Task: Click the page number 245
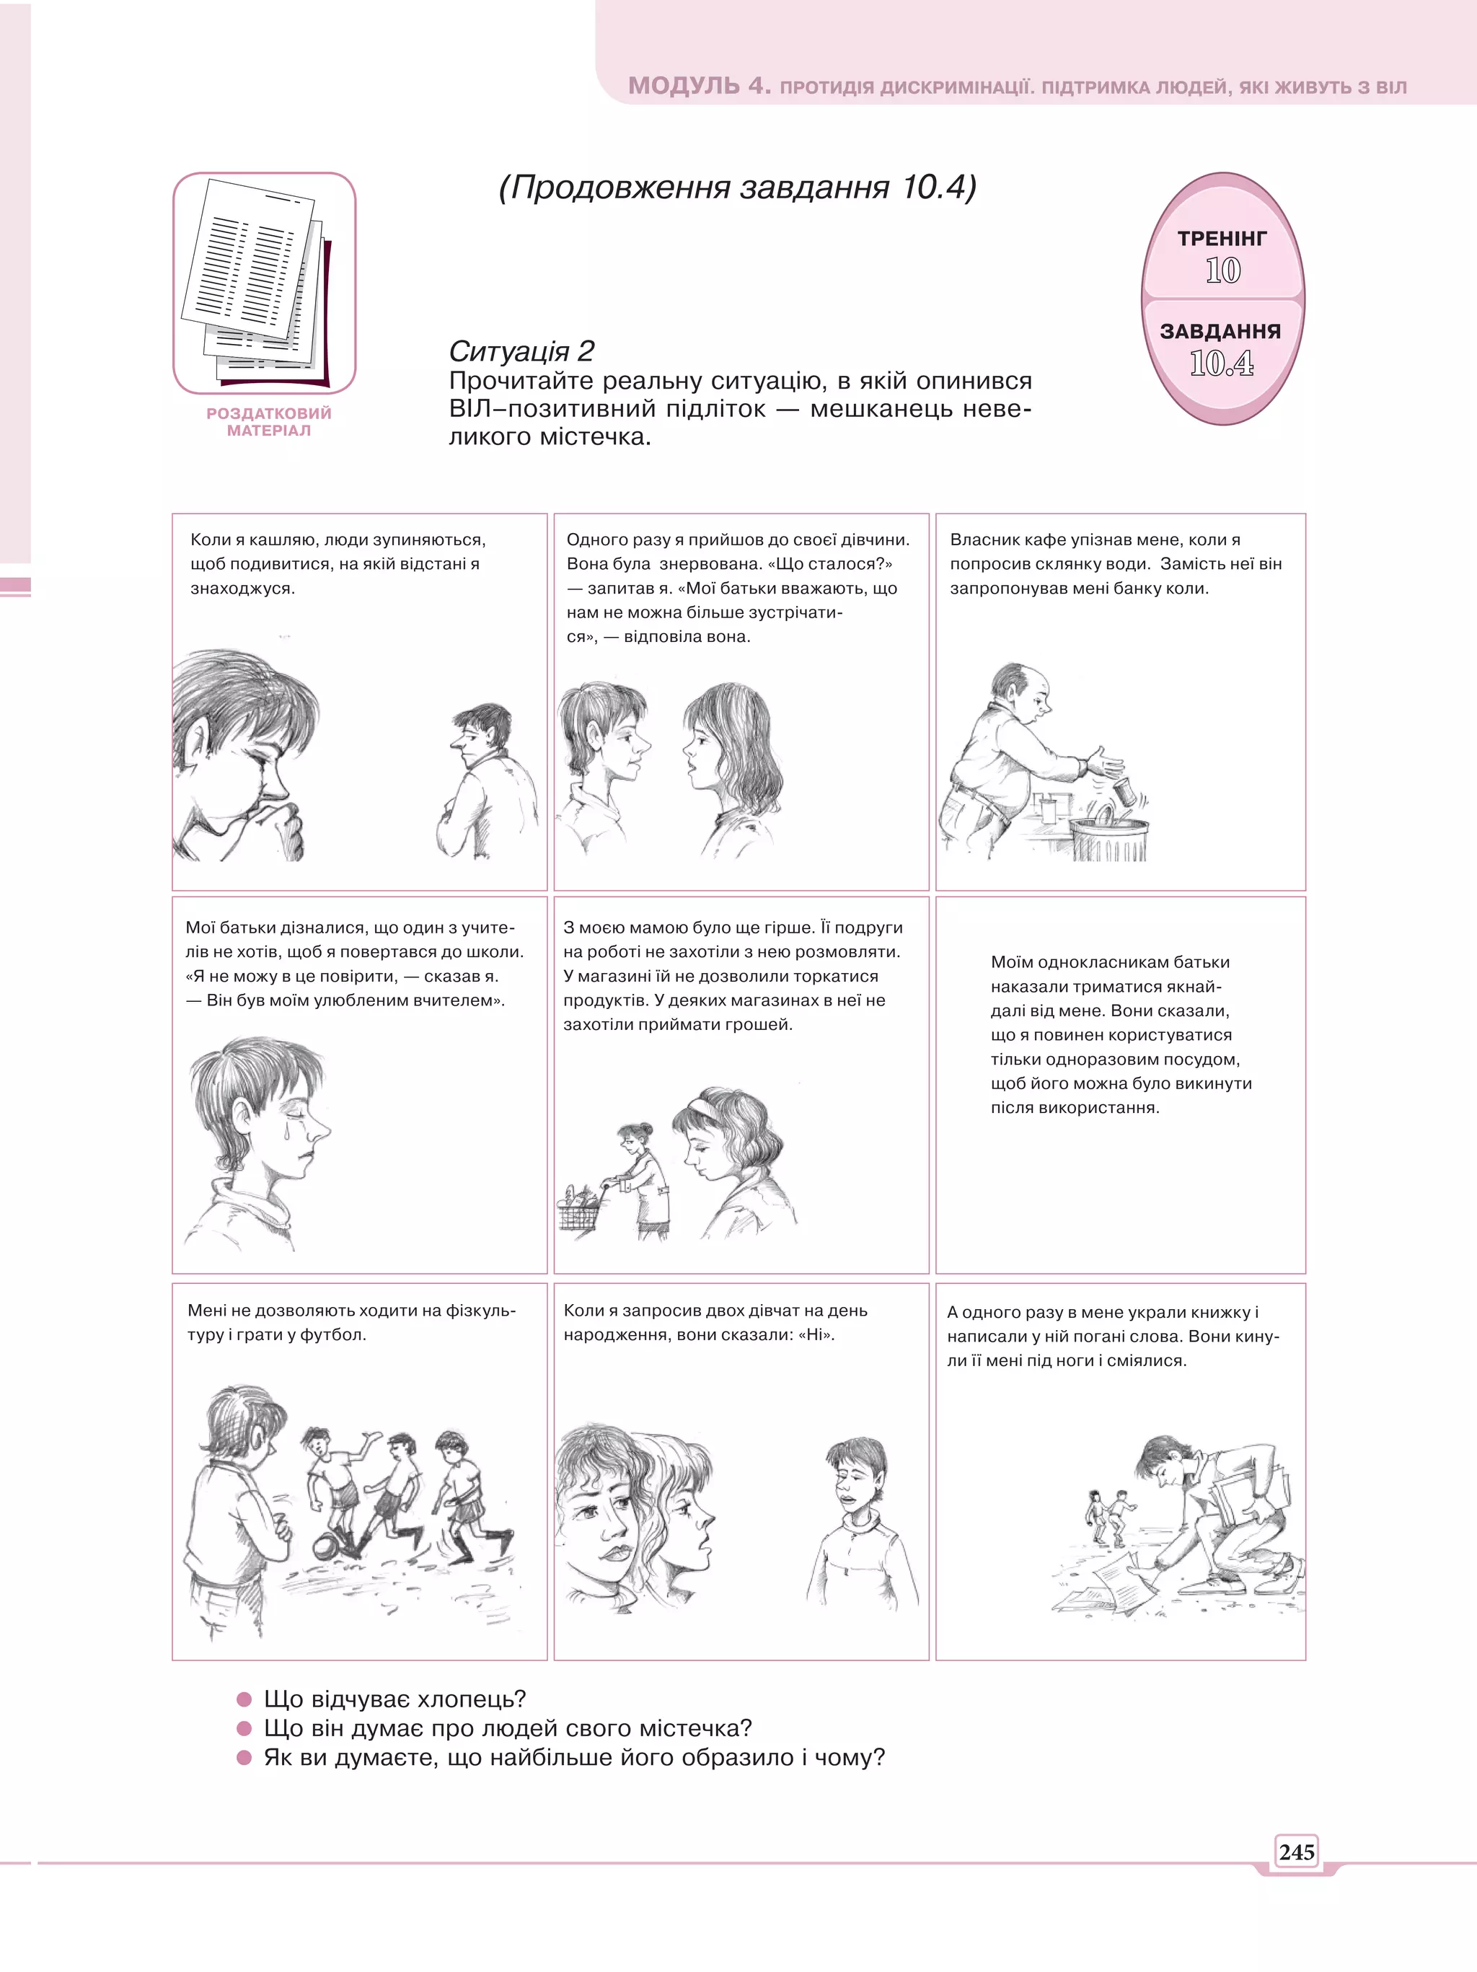1296,1852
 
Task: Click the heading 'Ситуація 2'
521,351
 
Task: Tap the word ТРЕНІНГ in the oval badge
1222,238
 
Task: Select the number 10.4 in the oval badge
1221,363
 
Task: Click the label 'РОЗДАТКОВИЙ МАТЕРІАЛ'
268,422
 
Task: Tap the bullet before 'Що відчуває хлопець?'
244,1699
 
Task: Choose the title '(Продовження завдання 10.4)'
737,188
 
